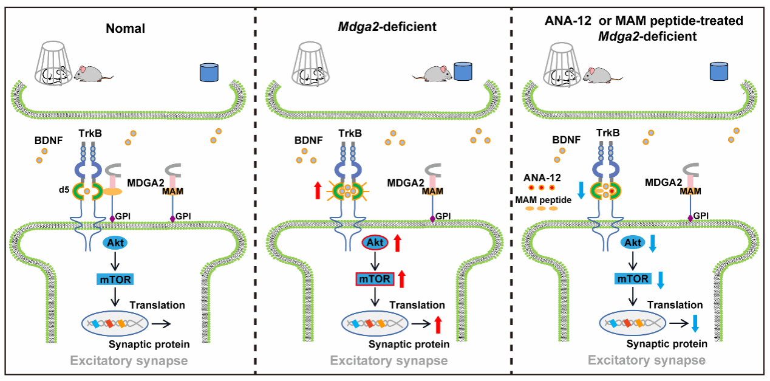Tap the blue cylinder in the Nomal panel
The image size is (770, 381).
pos(209,72)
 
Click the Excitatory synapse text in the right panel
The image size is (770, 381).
pos(647,360)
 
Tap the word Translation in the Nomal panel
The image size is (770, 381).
pos(157,305)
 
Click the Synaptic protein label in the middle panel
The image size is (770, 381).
pos(409,344)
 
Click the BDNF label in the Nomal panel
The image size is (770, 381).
pos(50,140)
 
